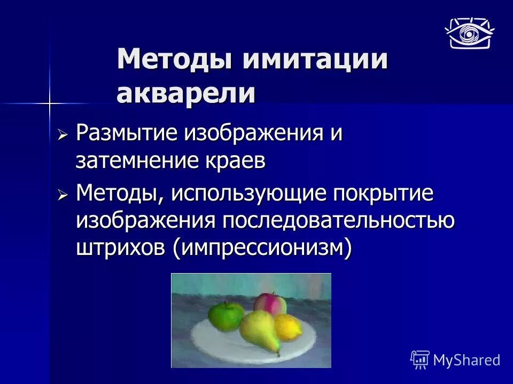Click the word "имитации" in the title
[x=315, y=60]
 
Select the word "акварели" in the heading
[x=186, y=93]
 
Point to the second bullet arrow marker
[x=64, y=196]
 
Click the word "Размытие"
[x=127, y=134]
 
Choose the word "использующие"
[x=248, y=194]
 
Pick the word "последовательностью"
[x=338, y=220]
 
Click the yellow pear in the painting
[x=260, y=332]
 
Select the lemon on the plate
[x=289, y=326]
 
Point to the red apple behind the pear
[x=270, y=303]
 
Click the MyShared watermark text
[x=466, y=360]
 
